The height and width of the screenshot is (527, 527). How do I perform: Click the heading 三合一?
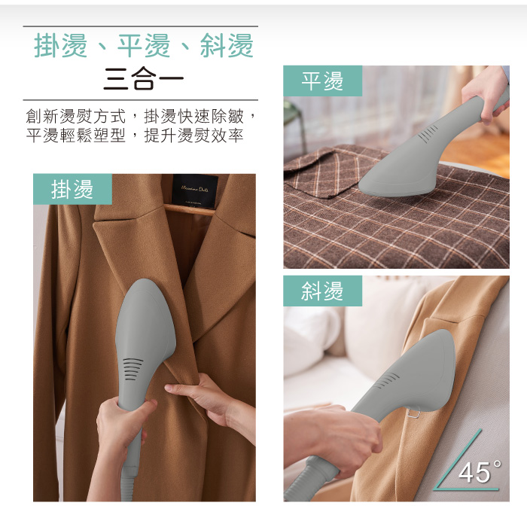pyautogui.click(x=143, y=79)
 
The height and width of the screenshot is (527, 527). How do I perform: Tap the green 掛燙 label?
pyautogui.click(x=72, y=190)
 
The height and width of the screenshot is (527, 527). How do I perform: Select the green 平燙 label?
pyautogui.click(x=322, y=81)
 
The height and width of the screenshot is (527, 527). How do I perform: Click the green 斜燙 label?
pyautogui.click(x=322, y=291)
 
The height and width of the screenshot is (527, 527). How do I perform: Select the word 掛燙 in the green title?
pyautogui.click(x=60, y=46)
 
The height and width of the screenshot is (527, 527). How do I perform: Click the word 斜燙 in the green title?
pyautogui.click(x=227, y=46)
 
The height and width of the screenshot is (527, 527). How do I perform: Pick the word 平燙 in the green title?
pyautogui.click(x=143, y=46)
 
